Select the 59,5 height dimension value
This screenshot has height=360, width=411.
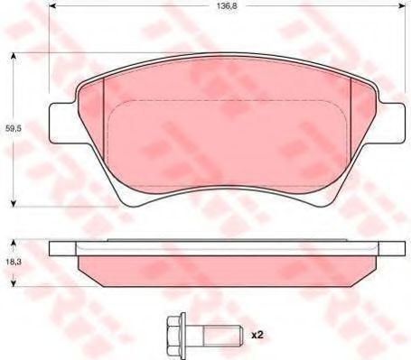click(14, 129)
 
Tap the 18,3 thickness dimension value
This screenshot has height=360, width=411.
click(14, 262)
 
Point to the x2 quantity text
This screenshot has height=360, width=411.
click(257, 335)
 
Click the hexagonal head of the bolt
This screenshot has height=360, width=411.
click(175, 335)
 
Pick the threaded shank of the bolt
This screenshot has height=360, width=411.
click(223, 335)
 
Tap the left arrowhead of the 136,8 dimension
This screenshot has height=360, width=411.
click(52, 5)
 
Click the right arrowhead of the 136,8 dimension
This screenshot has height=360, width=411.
click(401, 5)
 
